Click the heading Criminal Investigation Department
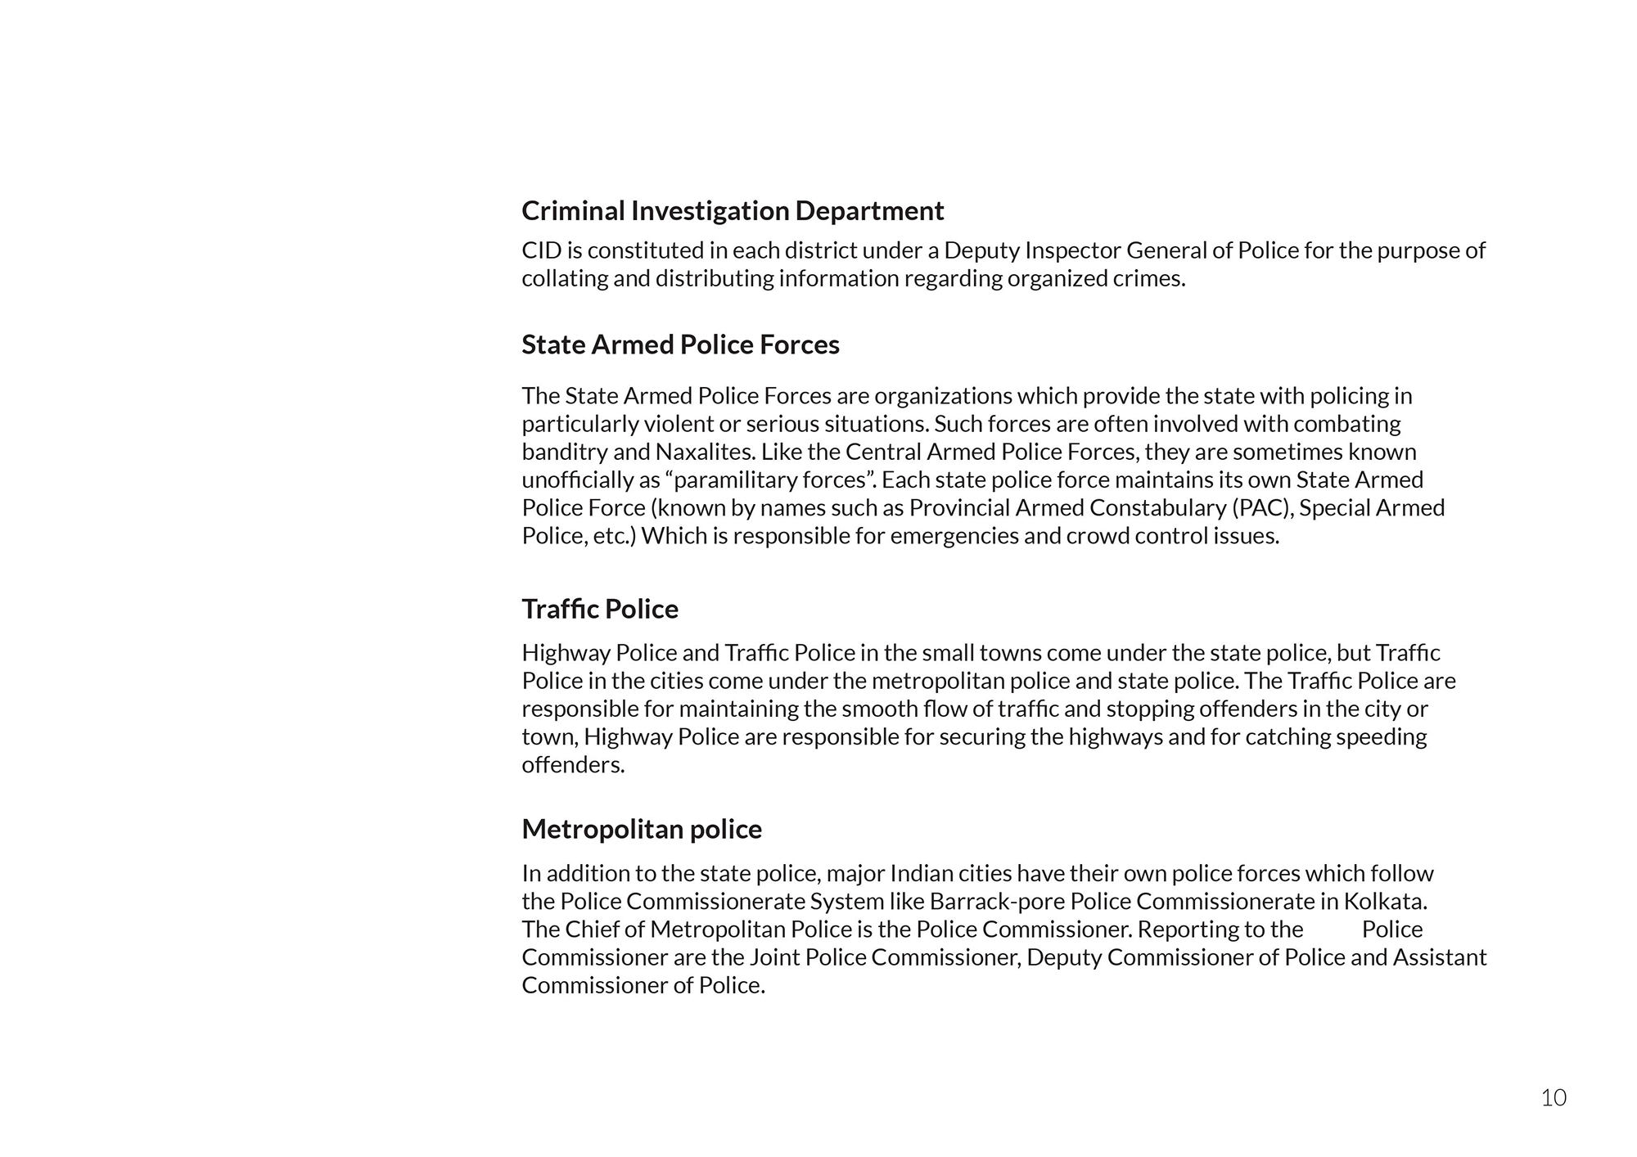pos(733,211)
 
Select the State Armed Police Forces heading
pos(680,345)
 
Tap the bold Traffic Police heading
pos(600,610)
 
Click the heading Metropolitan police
pos(642,830)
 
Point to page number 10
pos(1554,1098)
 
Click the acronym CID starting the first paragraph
pos(541,250)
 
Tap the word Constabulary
pos(1157,508)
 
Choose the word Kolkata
pos(1385,902)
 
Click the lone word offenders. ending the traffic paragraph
pos(573,766)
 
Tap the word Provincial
pos(959,508)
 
